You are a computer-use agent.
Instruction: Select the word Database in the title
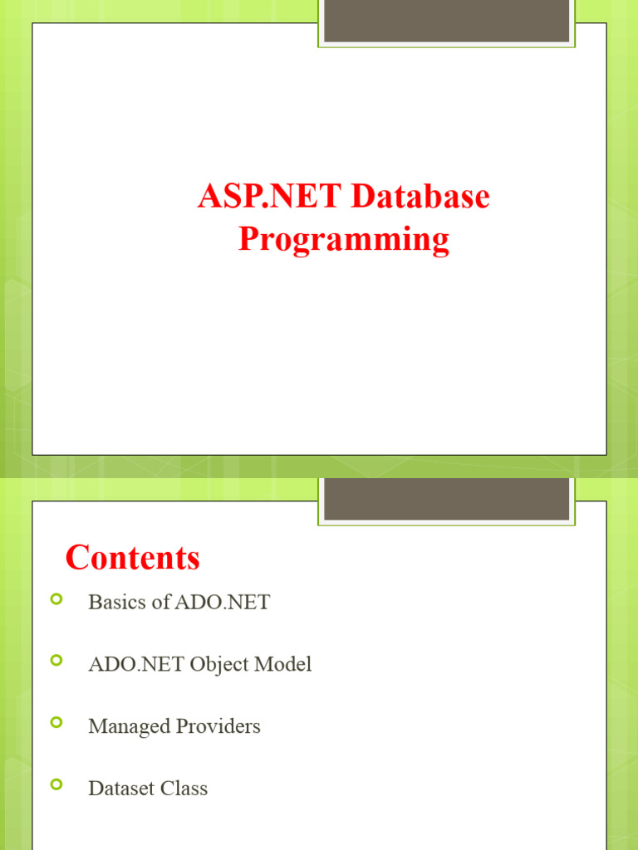(420, 198)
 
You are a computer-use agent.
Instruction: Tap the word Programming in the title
(344, 240)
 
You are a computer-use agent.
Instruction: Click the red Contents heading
(133, 557)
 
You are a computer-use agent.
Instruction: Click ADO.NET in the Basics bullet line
(222, 603)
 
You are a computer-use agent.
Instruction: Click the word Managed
(129, 727)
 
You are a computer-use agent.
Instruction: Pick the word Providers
(218, 727)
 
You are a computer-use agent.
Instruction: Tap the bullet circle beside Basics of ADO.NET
(56, 598)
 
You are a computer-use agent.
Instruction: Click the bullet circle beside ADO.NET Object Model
(56, 661)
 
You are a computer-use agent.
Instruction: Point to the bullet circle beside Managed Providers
(56, 723)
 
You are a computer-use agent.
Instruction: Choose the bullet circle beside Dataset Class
(56, 784)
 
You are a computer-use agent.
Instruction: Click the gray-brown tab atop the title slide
(446, 21)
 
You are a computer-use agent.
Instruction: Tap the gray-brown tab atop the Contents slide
(446, 498)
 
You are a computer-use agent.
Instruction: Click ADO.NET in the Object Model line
(136, 665)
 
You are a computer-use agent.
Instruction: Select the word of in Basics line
(161, 603)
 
